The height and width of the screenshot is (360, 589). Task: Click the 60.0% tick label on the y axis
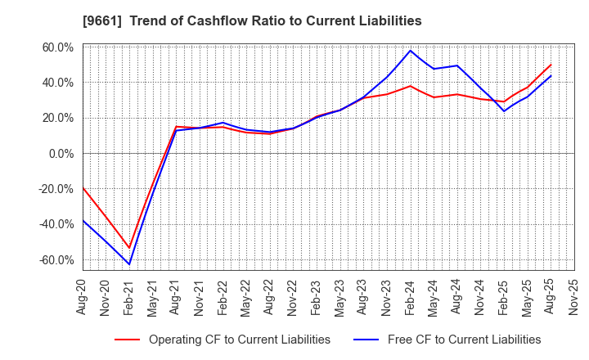coord(57,47)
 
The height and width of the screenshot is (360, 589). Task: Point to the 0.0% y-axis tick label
coord(61,154)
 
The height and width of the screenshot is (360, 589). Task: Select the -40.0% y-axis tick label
coord(56,224)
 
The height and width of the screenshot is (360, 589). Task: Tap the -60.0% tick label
coord(56,260)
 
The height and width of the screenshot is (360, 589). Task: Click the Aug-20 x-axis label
coord(82,297)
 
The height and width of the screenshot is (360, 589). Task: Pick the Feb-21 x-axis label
coord(128,297)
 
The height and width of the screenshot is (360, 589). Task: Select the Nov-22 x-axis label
coord(293,297)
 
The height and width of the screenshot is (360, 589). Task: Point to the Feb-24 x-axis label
coord(410,297)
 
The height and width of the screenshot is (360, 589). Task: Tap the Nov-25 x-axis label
coord(573,297)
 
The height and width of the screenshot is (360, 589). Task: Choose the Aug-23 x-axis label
coord(363,297)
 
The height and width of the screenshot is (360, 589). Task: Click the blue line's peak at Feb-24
coord(410,51)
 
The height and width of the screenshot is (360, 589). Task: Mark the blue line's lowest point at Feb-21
coord(129,264)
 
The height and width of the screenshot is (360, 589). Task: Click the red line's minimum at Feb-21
coord(129,248)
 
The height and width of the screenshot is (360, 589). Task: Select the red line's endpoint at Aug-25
coord(551,65)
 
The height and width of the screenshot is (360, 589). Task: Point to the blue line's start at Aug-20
coord(83,220)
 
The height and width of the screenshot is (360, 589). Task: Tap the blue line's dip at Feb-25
coord(504,111)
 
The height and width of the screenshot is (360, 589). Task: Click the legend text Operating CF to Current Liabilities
coord(239,340)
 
